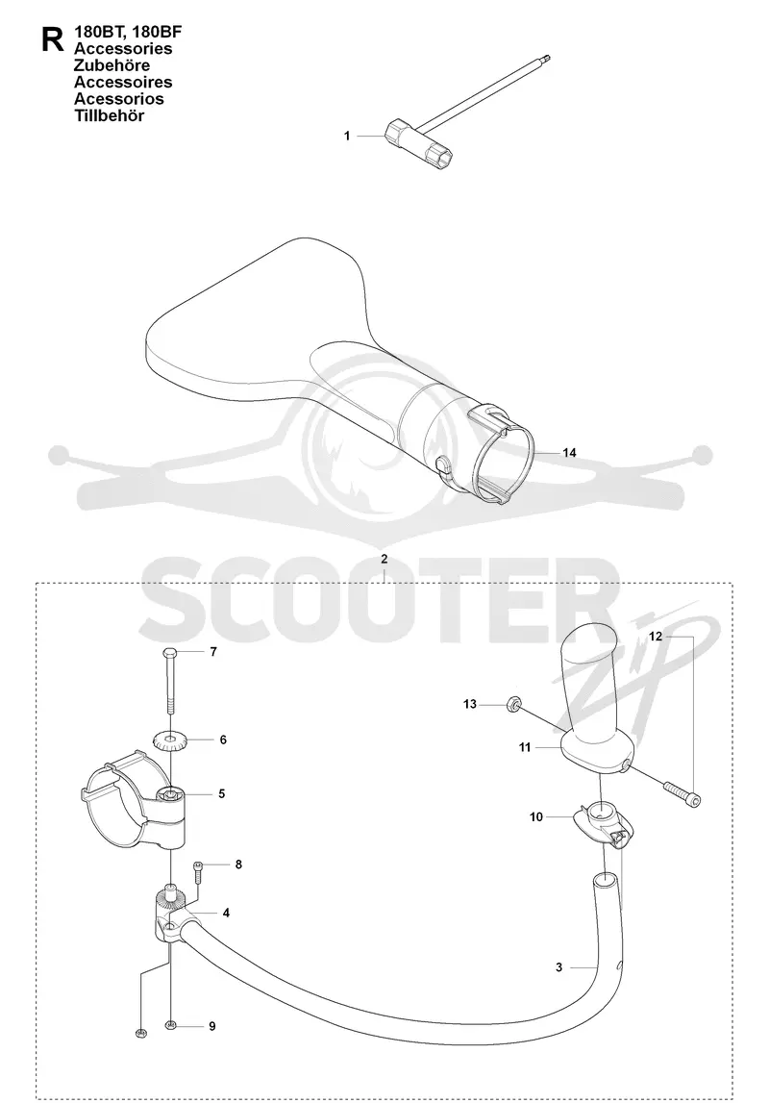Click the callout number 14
tap(569, 452)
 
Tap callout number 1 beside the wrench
tap(347, 136)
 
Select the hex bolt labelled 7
tap(171, 680)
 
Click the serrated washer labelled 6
tap(169, 740)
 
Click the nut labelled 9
tap(170, 1026)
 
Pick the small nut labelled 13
tap(513, 704)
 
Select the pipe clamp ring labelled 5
tap(134, 802)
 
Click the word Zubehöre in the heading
tap(112, 65)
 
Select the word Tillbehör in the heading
tap(109, 116)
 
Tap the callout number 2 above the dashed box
tap(384, 560)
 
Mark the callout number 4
tap(226, 913)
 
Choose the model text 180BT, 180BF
tap(122, 33)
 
